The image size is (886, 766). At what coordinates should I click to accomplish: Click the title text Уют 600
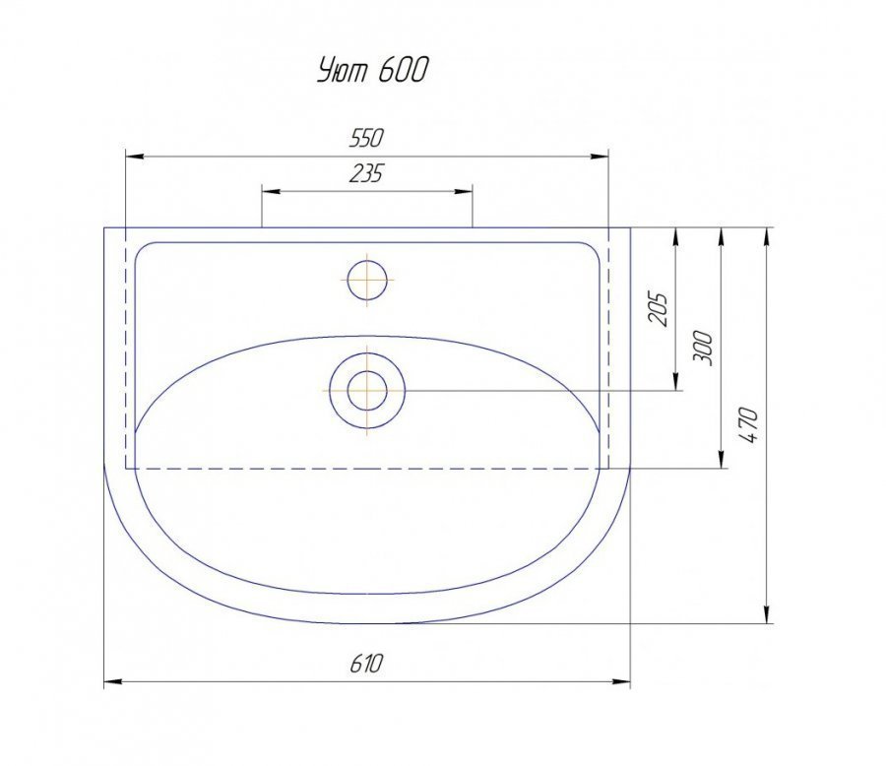tap(372, 70)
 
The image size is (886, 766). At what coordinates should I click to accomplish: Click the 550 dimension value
tap(366, 138)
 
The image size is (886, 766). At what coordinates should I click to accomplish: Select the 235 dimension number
tap(366, 173)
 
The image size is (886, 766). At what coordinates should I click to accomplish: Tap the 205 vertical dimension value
tap(659, 308)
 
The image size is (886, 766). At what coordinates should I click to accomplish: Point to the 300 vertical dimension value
tap(704, 349)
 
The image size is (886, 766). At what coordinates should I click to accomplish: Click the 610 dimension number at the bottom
tap(366, 663)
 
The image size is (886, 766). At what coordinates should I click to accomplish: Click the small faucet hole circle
tap(367, 280)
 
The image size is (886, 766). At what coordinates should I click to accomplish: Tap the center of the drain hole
tap(367, 391)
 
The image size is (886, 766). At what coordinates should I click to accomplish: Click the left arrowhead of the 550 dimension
tap(133, 156)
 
